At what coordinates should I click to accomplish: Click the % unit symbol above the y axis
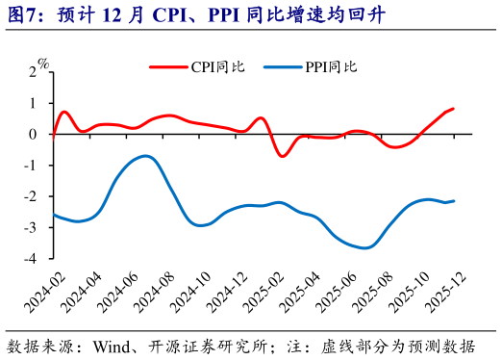[44, 64]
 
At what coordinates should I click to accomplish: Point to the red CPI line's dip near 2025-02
[282, 156]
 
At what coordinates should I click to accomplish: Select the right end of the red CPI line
[453, 109]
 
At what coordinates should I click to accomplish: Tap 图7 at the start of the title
[23, 14]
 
